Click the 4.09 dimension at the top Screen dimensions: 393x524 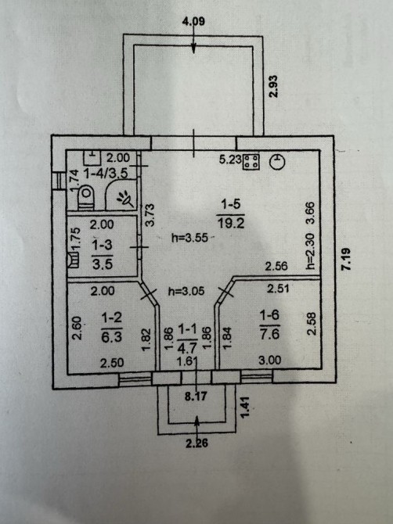(193, 21)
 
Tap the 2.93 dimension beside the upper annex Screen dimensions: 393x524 (274, 86)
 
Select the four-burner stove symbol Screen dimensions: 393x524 (251, 162)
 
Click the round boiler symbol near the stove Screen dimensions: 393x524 (278, 162)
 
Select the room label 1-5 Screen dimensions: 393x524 (231, 204)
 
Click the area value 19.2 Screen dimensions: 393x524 (231, 223)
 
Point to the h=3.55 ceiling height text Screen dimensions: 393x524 (189, 238)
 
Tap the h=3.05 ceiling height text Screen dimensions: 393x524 (186, 291)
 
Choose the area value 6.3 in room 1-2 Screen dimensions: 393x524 (112, 337)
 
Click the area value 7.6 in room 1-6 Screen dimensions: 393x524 (269, 333)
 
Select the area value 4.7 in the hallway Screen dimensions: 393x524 (187, 349)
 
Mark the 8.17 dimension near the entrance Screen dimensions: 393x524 (196, 397)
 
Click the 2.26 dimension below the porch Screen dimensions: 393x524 (197, 443)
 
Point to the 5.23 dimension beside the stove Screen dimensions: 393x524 (230, 160)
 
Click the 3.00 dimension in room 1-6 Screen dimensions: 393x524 (270, 360)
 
